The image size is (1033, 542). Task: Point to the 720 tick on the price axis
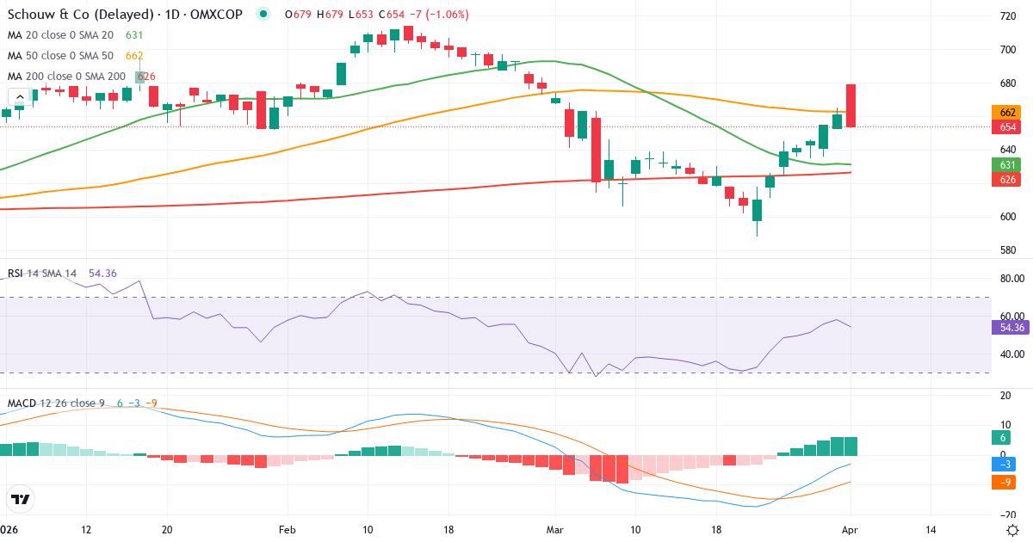[x=1005, y=16]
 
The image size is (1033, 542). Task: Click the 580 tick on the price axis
[x=1005, y=250]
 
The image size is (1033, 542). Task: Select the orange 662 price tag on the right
[x=1006, y=113]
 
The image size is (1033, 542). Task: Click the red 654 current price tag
[x=1006, y=127]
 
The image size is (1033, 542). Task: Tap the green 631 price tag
[x=1006, y=164]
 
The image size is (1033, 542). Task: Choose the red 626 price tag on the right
[x=1006, y=179]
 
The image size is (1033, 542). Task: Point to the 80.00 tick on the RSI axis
[x=1009, y=279]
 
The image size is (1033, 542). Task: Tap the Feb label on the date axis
[x=288, y=530]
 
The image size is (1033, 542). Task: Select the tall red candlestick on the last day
[x=851, y=106]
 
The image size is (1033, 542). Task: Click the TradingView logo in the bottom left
[x=21, y=499]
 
